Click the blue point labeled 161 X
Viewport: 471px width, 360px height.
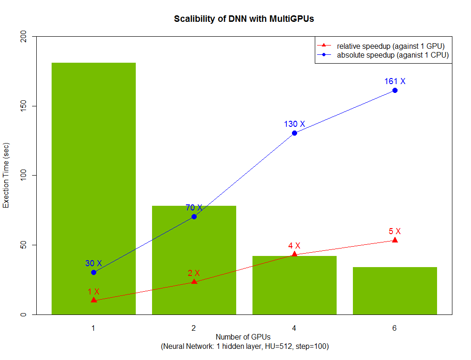click(395, 90)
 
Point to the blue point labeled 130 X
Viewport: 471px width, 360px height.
click(294, 133)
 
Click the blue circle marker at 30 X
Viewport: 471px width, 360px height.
click(93, 272)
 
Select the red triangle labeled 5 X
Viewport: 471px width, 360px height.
click(395, 240)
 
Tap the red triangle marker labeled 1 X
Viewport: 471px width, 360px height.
click(93, 300)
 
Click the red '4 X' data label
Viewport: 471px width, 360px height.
click(294, 245)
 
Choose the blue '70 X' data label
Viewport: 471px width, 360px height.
click(194, 208)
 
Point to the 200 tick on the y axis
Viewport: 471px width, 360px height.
click(23, 36)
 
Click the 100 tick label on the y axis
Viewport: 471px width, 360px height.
click(23, 176)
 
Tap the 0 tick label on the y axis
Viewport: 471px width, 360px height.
click(23, 314)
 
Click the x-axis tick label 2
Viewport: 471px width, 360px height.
click(193, 327)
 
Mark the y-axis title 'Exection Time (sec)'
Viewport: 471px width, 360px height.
click(7, 176)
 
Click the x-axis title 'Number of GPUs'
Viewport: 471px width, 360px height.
click(243, 337)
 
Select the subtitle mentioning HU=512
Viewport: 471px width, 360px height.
click(245, 347)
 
